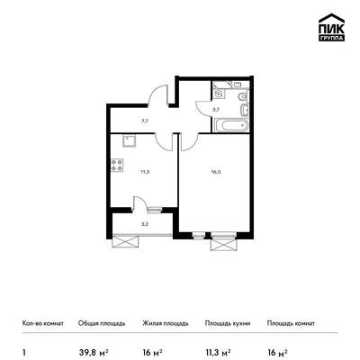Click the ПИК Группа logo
click(331, 28)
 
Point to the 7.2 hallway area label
click(145, 121)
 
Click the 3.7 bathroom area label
click(216, 110)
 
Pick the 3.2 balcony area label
click(144, 223)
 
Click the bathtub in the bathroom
click(231, 125)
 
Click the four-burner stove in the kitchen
click(117, 166)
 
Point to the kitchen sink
click(129, 140)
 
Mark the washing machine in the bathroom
click(219, 94)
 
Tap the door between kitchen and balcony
click(139, 202)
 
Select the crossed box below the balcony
click(126, 241)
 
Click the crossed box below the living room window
click(222, 245)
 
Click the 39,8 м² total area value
click(93, 352)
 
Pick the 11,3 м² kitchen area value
click(218, 352)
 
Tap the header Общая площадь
click(102, 324)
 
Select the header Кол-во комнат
click(43, 323)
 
